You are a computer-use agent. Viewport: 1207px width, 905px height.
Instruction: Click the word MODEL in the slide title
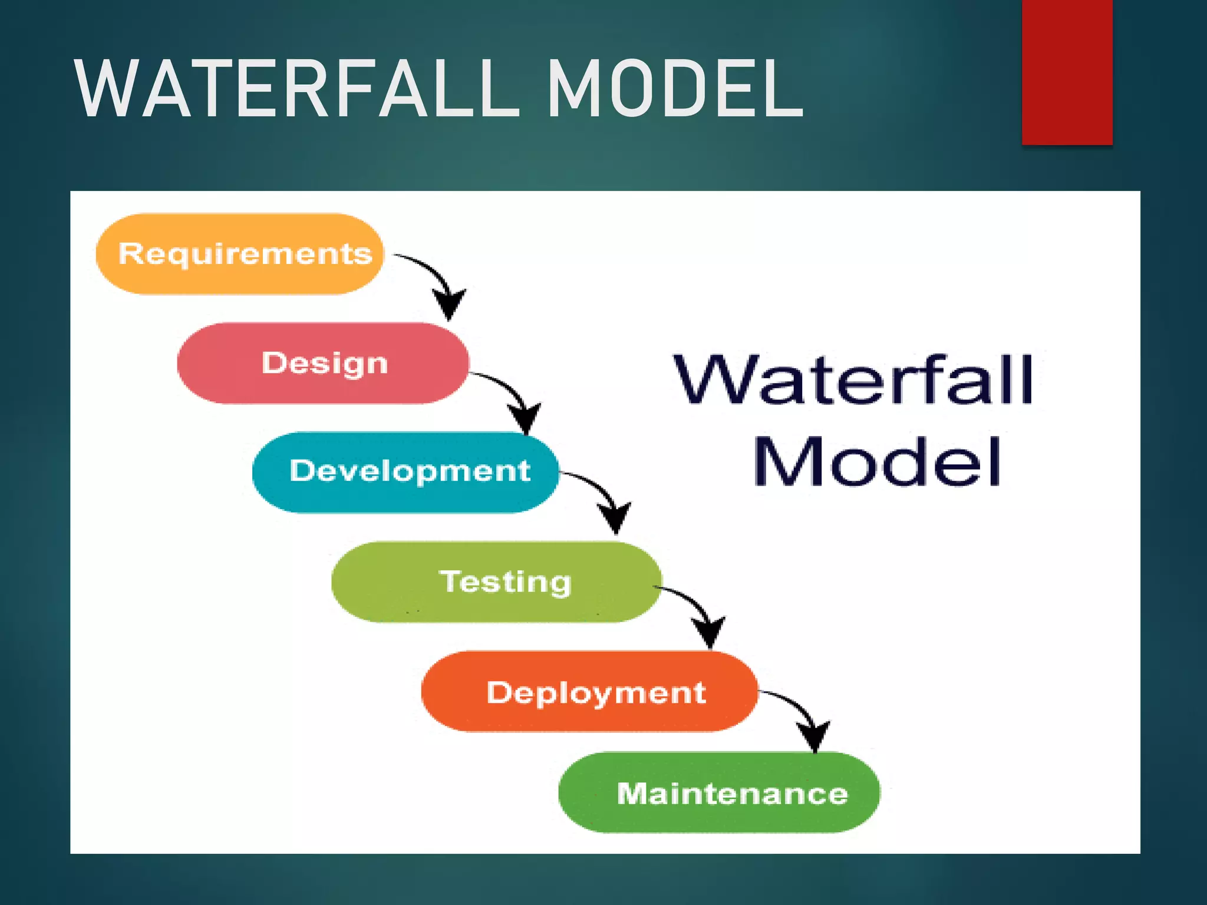pos(675,90)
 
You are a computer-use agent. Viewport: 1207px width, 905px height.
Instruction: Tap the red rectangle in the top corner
pos(1067,72)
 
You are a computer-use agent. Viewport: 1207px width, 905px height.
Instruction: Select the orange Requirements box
pos(239,254)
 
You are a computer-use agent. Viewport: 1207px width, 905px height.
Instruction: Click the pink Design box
pos(323,363)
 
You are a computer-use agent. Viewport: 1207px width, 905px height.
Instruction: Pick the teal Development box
pos(405,472)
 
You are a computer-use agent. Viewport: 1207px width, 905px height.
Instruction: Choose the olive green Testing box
pos(496,582)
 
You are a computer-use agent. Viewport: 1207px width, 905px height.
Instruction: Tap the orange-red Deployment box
pos(589,692)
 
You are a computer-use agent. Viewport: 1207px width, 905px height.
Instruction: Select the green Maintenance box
pos(719,793)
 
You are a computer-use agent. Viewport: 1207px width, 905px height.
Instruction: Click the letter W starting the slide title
pos(107,90)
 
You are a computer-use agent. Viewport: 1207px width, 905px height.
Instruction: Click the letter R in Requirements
pos(130,253)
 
